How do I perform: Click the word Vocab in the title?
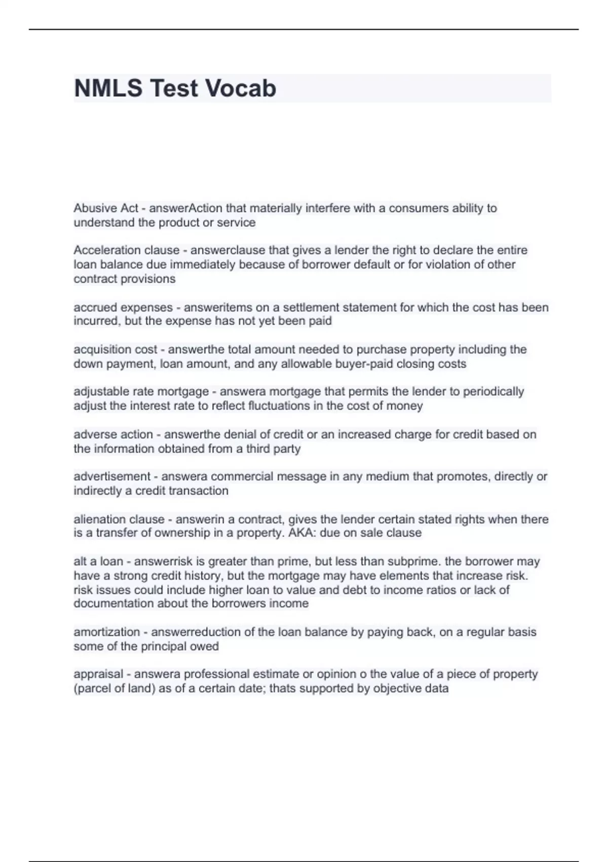234,88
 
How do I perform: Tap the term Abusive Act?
106,208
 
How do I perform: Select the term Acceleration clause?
127,250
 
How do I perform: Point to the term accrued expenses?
123,307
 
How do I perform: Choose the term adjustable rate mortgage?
141,391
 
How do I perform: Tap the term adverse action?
113,435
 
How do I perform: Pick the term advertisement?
112,477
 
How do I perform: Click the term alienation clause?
119,519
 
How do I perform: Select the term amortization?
106,632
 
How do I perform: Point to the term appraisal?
98,674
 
